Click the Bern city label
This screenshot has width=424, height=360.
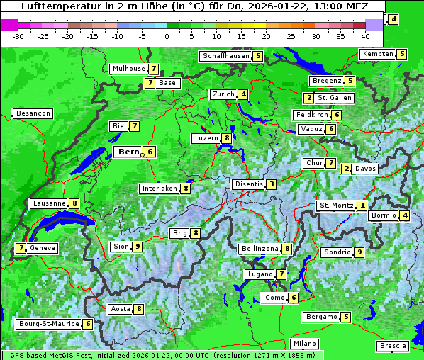[129, 152]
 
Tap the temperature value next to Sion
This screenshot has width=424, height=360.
[138, 247]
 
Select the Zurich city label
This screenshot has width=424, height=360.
[223, 94]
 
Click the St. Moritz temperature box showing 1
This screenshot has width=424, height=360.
[362, 206]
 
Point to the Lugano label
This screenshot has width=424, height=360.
[260, 274]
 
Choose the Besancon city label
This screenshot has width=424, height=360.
[33, 113]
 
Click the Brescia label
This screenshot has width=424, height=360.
[393, 346]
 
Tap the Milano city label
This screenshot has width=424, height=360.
[305, 343]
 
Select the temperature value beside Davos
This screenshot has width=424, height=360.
[347, 169]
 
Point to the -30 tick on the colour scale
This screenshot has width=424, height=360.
[18, 35]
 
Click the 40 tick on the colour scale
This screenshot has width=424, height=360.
[365, 35]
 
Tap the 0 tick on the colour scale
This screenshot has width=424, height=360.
[167, 35]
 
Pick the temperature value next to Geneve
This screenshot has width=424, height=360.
[21, 248]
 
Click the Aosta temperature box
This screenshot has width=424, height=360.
[139, 309]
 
